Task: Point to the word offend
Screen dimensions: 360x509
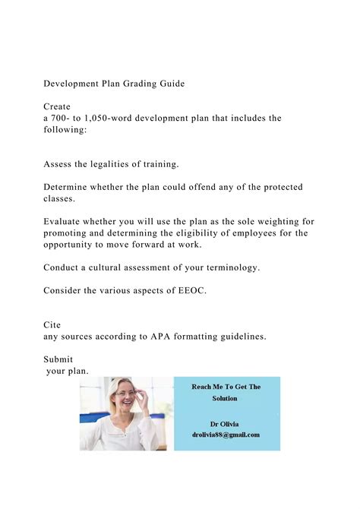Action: pos(200,187)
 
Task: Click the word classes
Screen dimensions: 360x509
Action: pos(61,198)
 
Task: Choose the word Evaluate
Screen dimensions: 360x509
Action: pos(67,222)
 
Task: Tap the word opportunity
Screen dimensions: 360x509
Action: pos(74,245)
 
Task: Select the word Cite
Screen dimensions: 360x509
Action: pos(52,325)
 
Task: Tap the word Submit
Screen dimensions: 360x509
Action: pos(58,359)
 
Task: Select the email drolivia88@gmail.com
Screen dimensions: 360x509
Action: pos(226,435)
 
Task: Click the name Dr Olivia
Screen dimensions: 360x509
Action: pos(226,423)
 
